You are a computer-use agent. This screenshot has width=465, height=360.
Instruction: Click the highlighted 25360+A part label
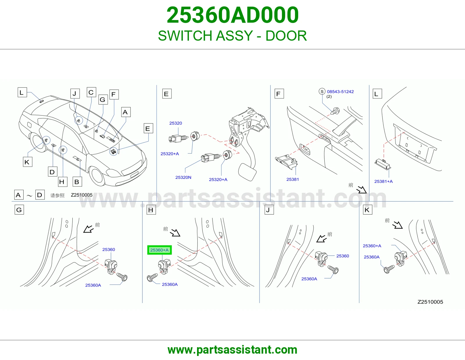pos(160,250)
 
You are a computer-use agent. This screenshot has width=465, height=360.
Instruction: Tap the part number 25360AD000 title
pos(233,15)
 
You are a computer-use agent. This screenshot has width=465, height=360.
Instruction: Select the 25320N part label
pos(183,177)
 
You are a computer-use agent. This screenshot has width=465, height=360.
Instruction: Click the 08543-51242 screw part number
pos(340,91)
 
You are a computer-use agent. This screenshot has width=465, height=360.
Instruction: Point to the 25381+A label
pos(383,181)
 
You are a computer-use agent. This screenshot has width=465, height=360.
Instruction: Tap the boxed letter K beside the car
pos(28,162)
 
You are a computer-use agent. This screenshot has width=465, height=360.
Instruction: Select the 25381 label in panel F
pos(293,179)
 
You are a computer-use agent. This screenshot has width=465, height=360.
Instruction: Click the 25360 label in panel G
pos(108,249)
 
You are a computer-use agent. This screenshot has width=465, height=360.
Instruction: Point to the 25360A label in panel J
pos(309,279)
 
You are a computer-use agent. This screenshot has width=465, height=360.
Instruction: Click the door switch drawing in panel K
pos(400,258)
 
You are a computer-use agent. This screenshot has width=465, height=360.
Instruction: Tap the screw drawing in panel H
pos(152,278)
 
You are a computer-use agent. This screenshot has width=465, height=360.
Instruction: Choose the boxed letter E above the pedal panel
pos(167,94)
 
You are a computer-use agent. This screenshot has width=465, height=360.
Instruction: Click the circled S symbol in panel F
pos(322,91)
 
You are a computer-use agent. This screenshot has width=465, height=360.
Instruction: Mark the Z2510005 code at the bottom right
pos(430,302)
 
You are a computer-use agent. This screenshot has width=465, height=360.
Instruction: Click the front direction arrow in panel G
pos(88,229)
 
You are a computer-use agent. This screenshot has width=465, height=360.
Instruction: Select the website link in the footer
pos(233,350)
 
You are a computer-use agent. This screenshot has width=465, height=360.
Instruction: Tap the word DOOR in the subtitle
pos(286,36)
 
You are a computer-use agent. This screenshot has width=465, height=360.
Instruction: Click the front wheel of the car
pos(97,176)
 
